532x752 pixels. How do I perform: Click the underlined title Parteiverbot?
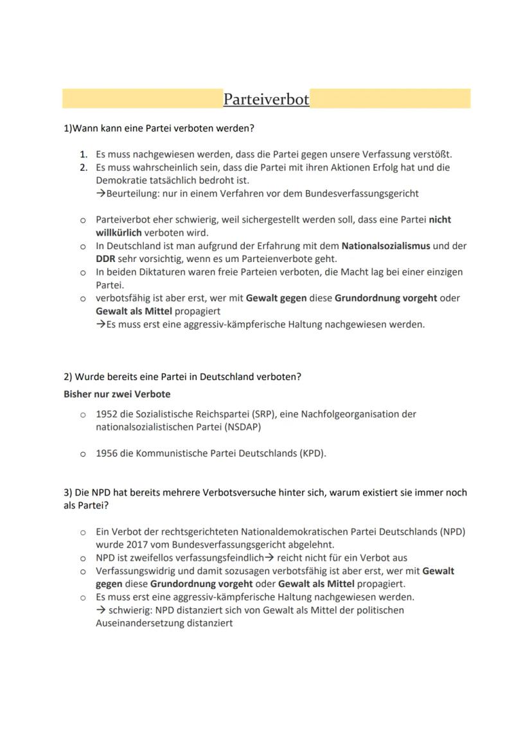266,100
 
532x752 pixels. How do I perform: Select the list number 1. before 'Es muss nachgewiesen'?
84,154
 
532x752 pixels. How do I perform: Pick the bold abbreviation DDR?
105,259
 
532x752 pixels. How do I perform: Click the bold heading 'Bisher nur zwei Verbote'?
117,394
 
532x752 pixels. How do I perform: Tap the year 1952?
107,414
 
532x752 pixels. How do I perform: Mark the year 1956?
107,453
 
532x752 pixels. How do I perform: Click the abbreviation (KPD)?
312,453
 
